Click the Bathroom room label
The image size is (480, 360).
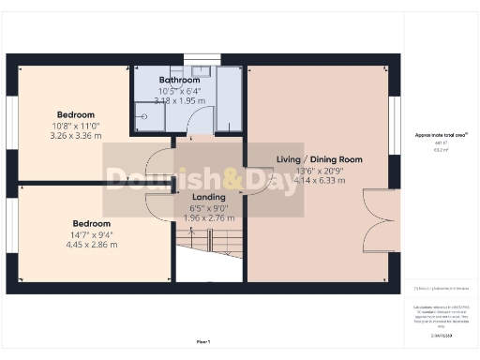coord(179,80)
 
